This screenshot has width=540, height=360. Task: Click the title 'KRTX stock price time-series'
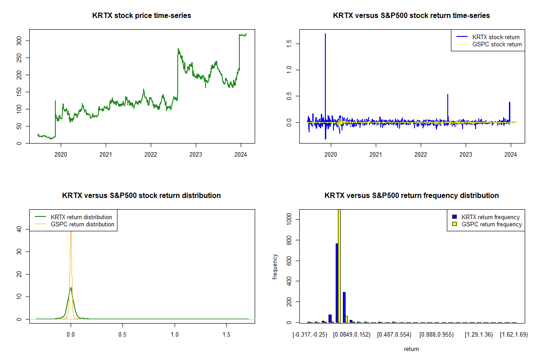tap(141, 16)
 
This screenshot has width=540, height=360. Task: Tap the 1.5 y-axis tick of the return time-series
tap(289, 43)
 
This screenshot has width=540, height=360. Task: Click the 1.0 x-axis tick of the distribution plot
tap(175, 335)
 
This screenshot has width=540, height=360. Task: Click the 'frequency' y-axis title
tap(275, 267)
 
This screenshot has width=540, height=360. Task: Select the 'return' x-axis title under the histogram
tap(411, 349)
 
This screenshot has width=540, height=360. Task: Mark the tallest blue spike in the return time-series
tap(325, 34)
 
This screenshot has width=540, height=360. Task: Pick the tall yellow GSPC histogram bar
tap(339, 265)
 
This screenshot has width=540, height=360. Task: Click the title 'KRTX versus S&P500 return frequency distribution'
tap(411, 196)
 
